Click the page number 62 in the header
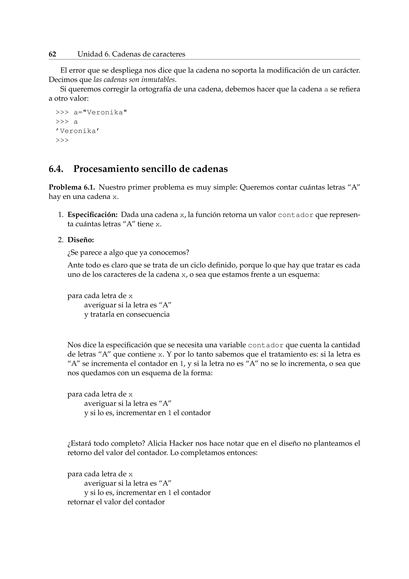point(52,54)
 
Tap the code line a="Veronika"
point(100,113)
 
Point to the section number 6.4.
point(56,169)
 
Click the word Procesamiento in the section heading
point(106,169)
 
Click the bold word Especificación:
point(93,215)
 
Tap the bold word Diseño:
point(81,240)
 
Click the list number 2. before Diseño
point(61,240)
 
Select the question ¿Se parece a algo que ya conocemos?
point(128,253)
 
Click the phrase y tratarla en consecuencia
point(127,314)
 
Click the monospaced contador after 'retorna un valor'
point(295,215)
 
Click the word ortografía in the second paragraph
point(155,89)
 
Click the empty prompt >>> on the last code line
point(62,141)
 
